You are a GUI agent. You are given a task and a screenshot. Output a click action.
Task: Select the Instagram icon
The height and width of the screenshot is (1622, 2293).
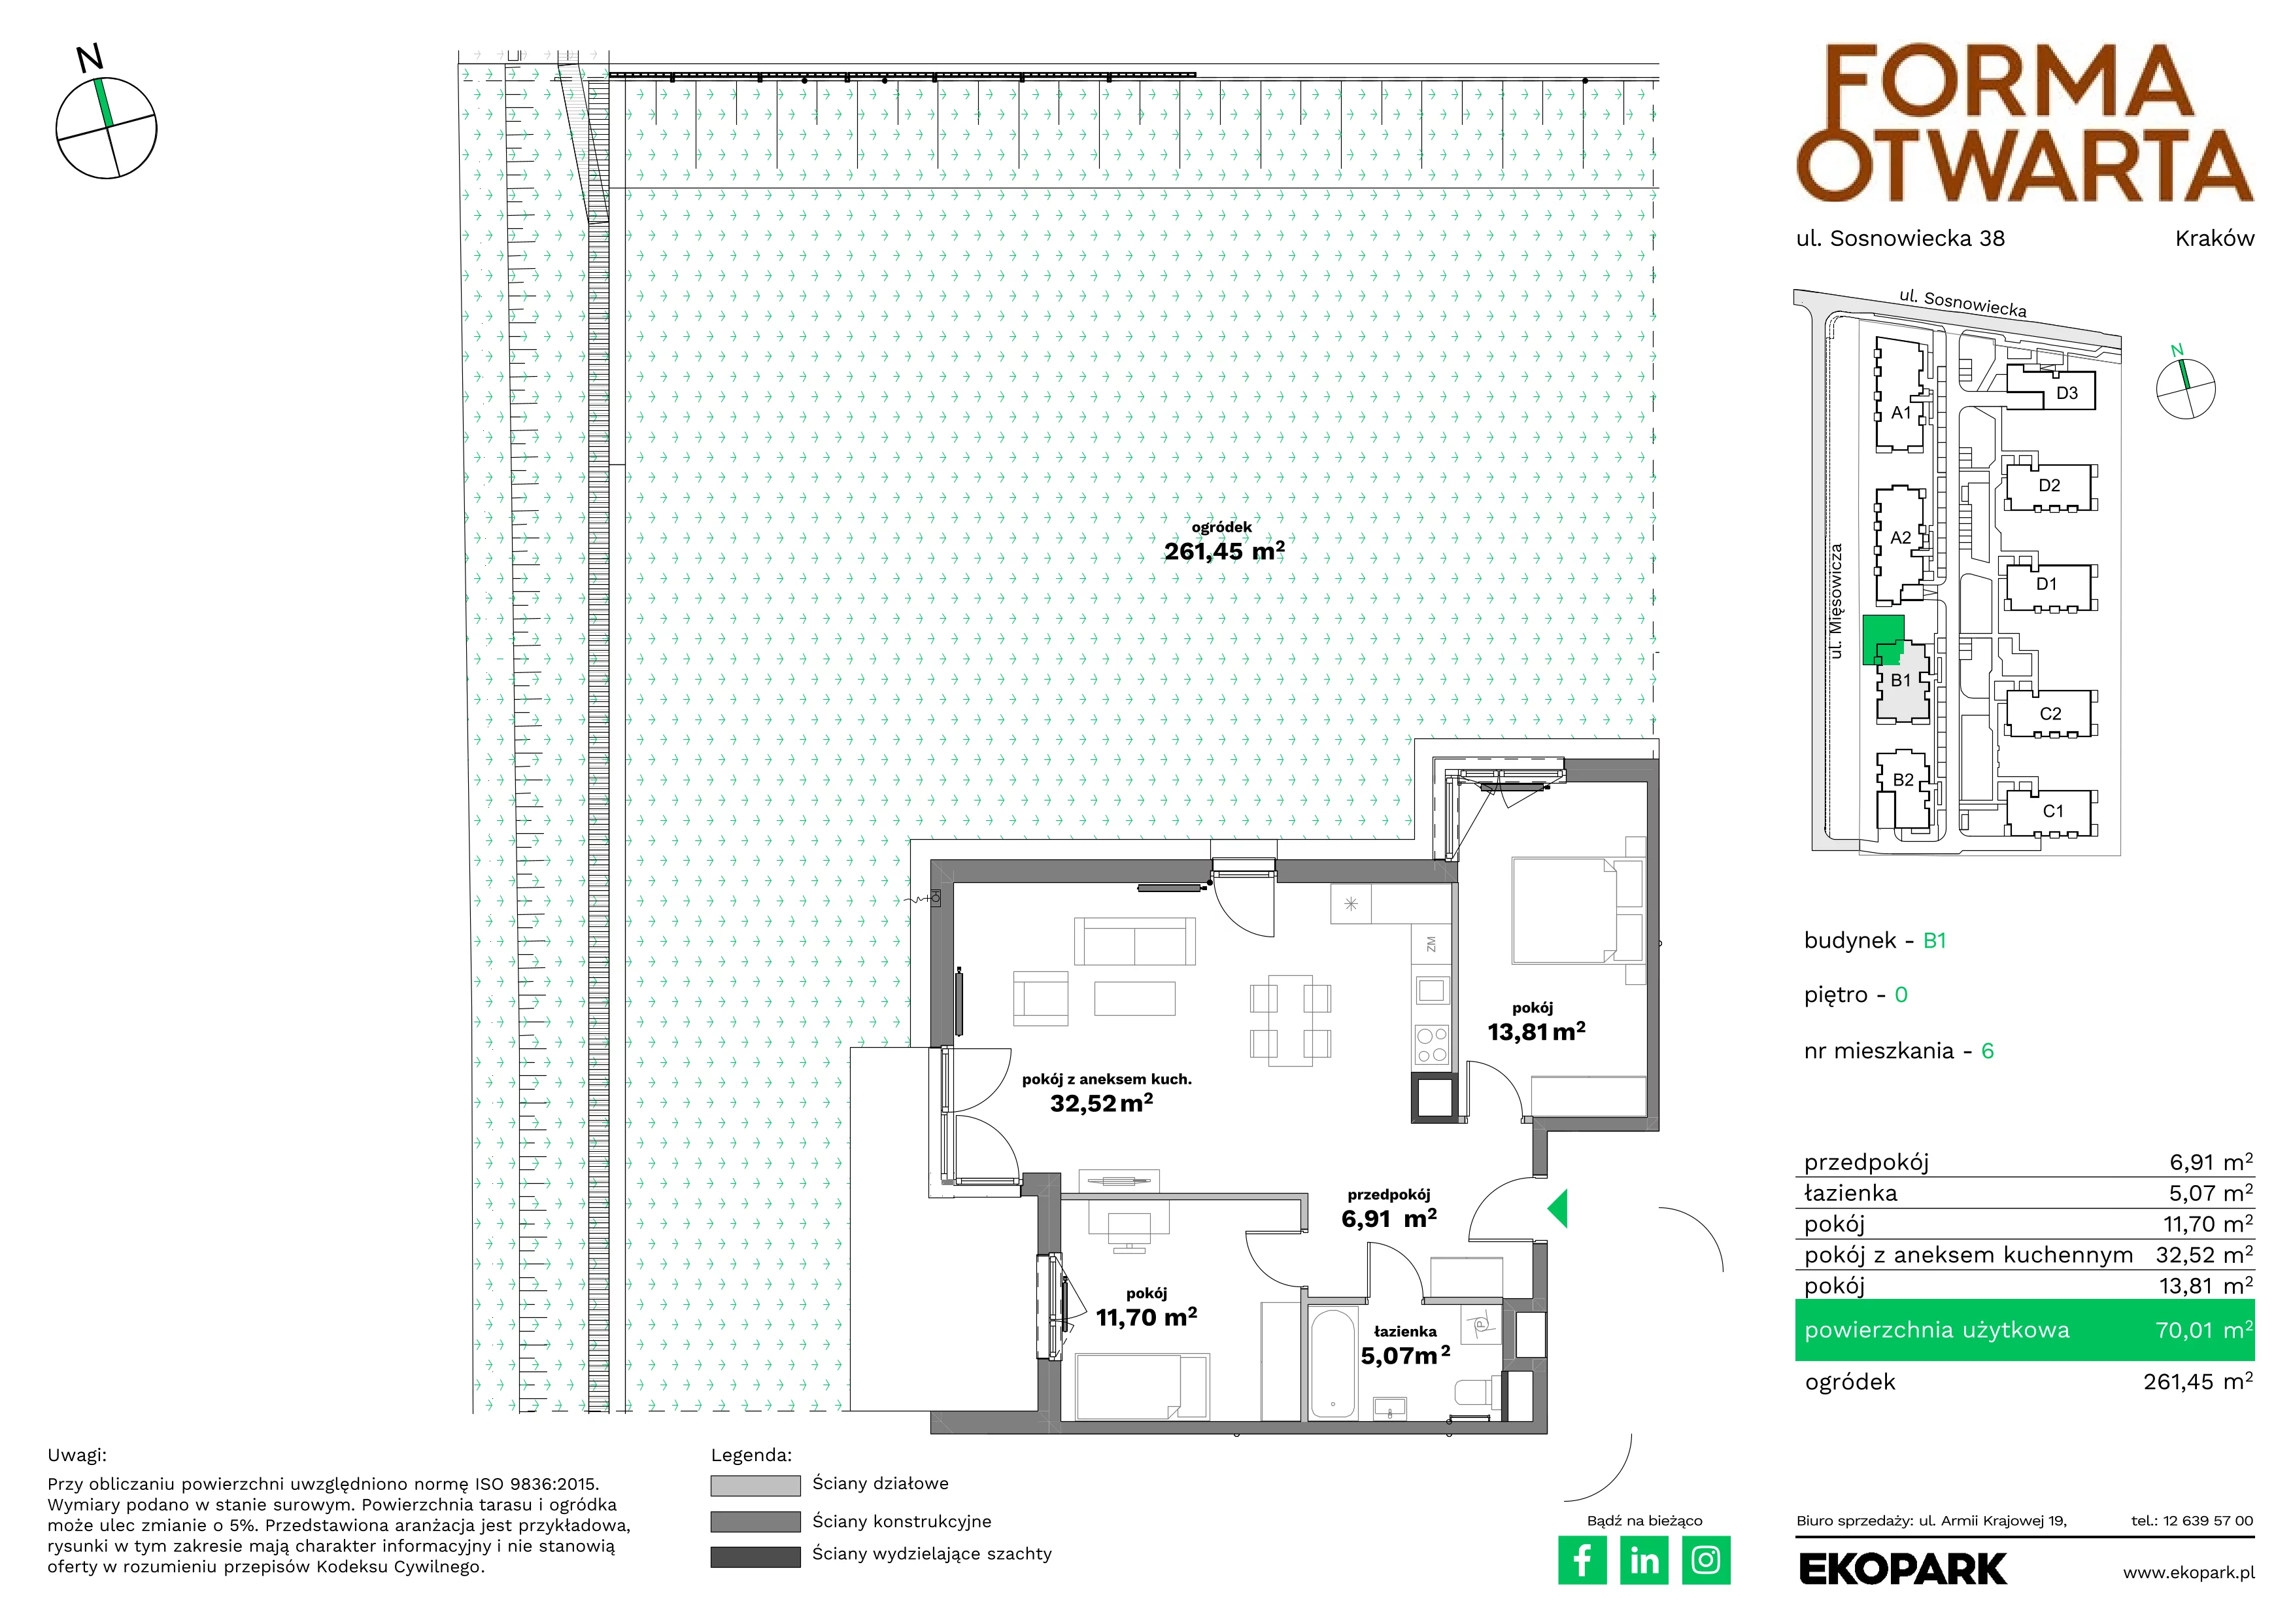tap(1706, 1560)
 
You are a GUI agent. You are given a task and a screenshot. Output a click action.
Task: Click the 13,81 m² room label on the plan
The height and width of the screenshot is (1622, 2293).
tap(1536, 1031)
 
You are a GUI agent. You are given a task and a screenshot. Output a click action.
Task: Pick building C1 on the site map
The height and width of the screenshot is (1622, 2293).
tap(2052, 811)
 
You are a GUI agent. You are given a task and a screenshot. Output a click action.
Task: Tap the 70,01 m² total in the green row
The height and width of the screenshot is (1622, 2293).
tap(2203, 1330)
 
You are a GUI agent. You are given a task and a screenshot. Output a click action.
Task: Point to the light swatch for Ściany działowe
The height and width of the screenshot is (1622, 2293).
tap(755, 1485)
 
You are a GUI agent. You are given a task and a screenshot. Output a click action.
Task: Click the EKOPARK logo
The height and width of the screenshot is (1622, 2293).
tap(1903, 1569)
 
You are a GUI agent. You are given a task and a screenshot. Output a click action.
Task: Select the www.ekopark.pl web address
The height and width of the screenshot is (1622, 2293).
tap(2188, 1573)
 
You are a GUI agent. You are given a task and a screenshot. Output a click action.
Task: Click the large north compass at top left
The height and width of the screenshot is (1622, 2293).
tap(106, 127)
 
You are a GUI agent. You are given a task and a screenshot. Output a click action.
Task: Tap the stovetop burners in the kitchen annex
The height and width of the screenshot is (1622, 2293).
tap(1431, 1044)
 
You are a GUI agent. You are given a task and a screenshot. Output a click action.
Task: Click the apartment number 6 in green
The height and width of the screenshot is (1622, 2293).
tap(1988, 1051)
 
